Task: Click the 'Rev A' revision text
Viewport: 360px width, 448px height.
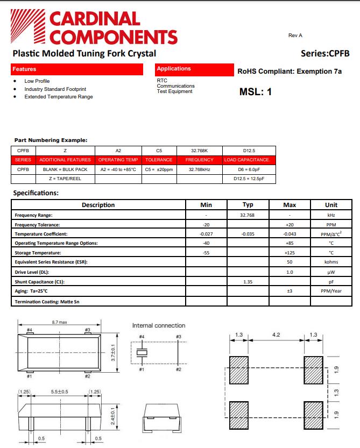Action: click(295, 35)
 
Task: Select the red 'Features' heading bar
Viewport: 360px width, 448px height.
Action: click(77, 69)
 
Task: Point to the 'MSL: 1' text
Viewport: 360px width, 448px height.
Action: click(255, 92)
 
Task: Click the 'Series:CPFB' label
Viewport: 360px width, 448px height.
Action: click(325, 53)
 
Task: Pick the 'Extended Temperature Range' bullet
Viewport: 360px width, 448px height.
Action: click(58, 97)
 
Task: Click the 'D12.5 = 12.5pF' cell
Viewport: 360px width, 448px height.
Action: click(248, 179)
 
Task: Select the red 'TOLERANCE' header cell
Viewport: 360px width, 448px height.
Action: click(159, 160)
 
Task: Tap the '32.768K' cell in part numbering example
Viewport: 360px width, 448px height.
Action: click(199, 151)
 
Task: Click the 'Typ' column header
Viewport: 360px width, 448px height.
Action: click(248, 205)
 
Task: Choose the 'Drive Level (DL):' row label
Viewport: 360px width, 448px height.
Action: click(32, 272)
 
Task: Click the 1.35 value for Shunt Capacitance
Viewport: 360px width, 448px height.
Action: click(248, 282)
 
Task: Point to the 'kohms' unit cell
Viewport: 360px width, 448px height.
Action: click(331, 262)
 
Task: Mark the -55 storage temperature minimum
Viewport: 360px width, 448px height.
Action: click(206, 253)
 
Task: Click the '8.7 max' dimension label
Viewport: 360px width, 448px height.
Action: click(59, 322)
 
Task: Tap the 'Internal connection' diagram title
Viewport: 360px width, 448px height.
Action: click(158, 326)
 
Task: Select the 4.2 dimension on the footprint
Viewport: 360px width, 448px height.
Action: click(276, 335)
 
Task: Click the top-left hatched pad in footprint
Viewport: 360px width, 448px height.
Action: click(238, 370)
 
